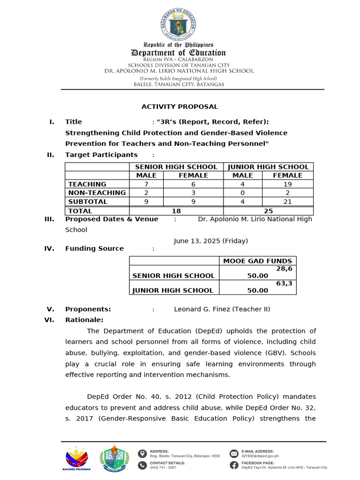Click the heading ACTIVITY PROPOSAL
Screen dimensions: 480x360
click(x=180, y=107)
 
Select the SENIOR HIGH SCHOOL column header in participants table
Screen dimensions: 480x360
click(x=176, y=167)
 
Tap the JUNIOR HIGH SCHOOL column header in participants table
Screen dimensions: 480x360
click(x=268, y=167)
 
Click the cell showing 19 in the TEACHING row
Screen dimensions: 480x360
click(x=287, y=184)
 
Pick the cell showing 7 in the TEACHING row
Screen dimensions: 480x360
click(x=146, y=184)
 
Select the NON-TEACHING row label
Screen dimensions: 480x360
click(x=97, y=193)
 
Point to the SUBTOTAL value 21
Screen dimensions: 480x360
click(x=287, y=202)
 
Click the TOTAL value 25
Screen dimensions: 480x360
click(x=268, y=211)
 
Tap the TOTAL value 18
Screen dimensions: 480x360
click(x=176, y=211)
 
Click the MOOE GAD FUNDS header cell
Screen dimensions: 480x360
click(x=257, y=261)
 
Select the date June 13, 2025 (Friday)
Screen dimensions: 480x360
click(x=210, y=241)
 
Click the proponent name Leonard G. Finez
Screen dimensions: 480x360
click(x=222, y=309)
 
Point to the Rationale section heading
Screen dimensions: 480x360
click(x=84, y=320)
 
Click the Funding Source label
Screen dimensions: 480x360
click(x=94, y=248)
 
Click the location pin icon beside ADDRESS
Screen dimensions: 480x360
click(x=142, y=453)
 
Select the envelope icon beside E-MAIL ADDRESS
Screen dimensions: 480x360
click(x=233, y=453)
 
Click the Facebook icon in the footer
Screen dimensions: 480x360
click(x=233, y=465)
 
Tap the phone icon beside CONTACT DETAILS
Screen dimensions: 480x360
click(x=142, y=465)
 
